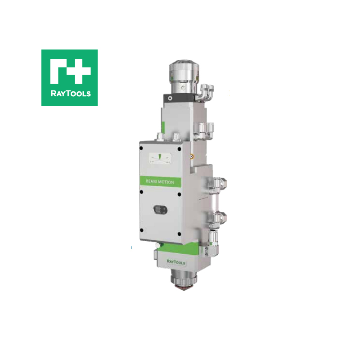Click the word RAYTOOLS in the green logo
coord(69,94)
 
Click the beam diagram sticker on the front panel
coord(160,158)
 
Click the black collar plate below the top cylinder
coord(180,97)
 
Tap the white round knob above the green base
coord(157,245)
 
